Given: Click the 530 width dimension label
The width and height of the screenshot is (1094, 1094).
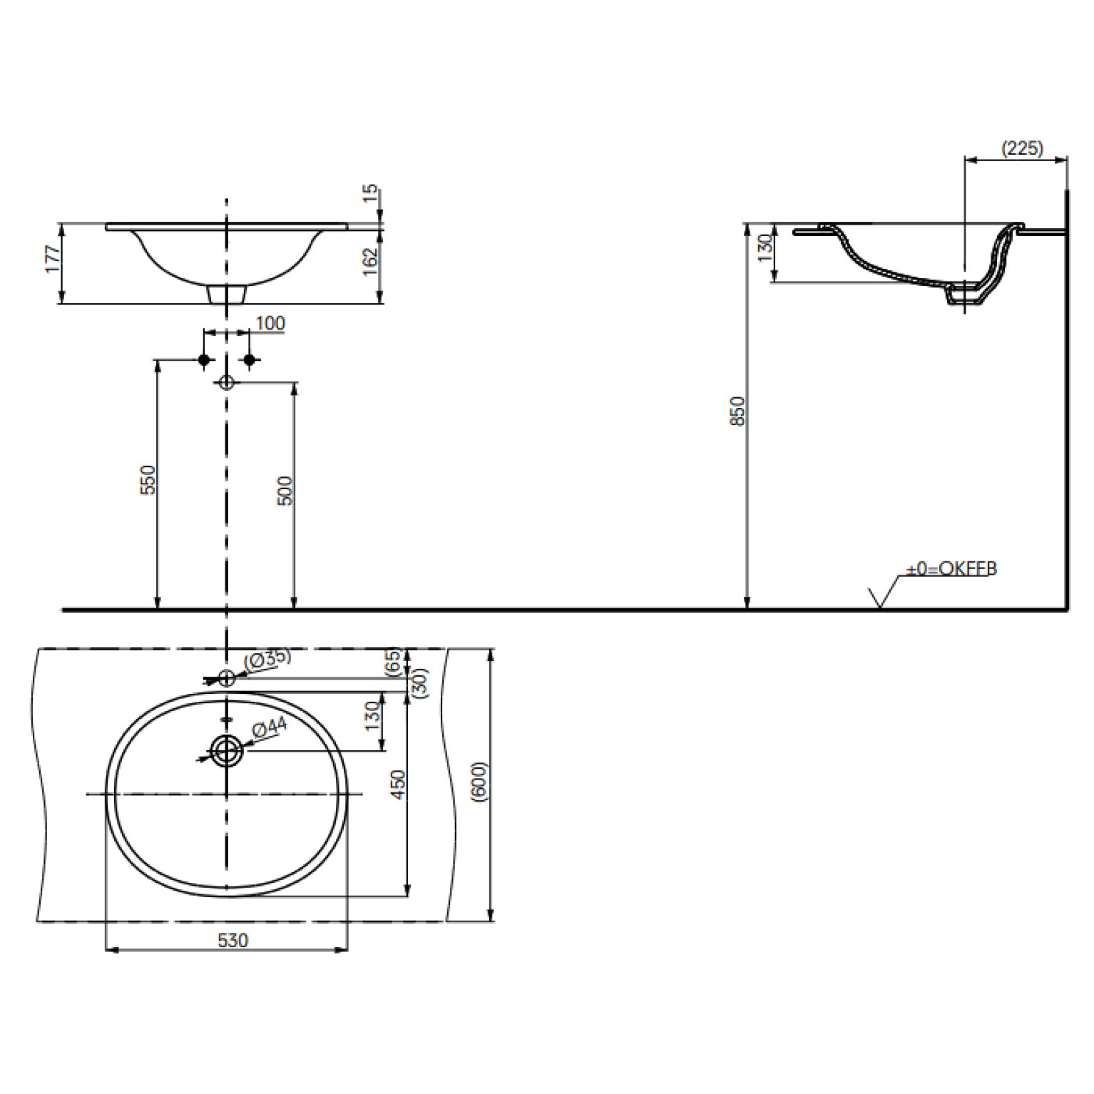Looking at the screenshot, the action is pos(232,941).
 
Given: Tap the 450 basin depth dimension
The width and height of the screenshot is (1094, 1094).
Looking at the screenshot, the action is pos(398,784).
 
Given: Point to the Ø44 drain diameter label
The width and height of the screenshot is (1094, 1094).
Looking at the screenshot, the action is pos(270,728).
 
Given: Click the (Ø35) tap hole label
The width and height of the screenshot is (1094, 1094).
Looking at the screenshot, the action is pos(267,659).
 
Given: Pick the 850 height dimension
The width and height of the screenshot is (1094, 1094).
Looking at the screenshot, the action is pos(737,411).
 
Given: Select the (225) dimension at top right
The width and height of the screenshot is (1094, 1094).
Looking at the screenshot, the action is pos(1022,148).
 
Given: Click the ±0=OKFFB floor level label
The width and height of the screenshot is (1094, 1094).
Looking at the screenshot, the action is pos(951,568).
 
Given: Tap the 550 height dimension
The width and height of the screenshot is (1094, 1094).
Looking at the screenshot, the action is pos(147,480).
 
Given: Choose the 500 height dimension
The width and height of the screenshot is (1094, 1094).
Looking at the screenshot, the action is pos(285,491).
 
